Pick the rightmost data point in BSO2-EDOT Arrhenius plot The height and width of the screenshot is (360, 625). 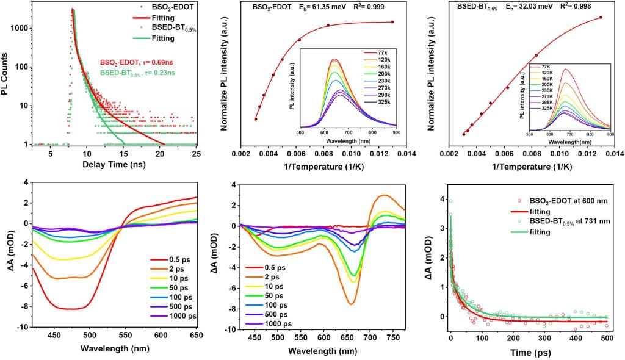[392, 22]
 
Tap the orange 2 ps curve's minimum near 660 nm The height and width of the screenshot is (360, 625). [403, 303]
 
